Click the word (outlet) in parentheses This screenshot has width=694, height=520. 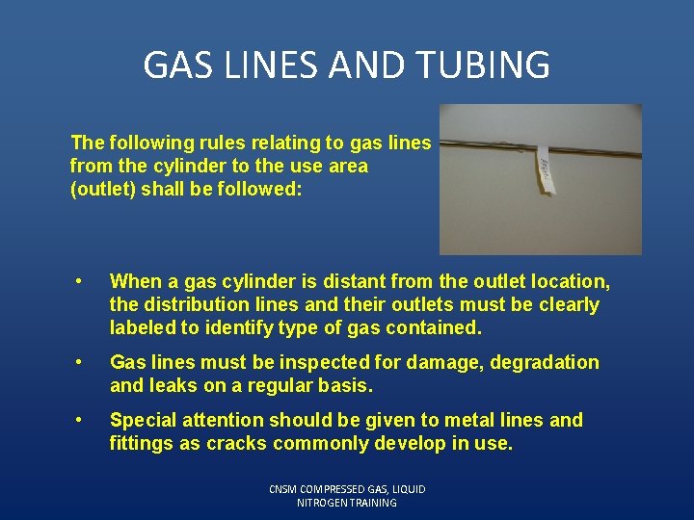point(103,190)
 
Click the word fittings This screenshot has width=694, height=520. point(142,444)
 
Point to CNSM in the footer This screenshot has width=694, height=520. point(286,489)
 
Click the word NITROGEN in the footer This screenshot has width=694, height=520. point(328,503)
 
